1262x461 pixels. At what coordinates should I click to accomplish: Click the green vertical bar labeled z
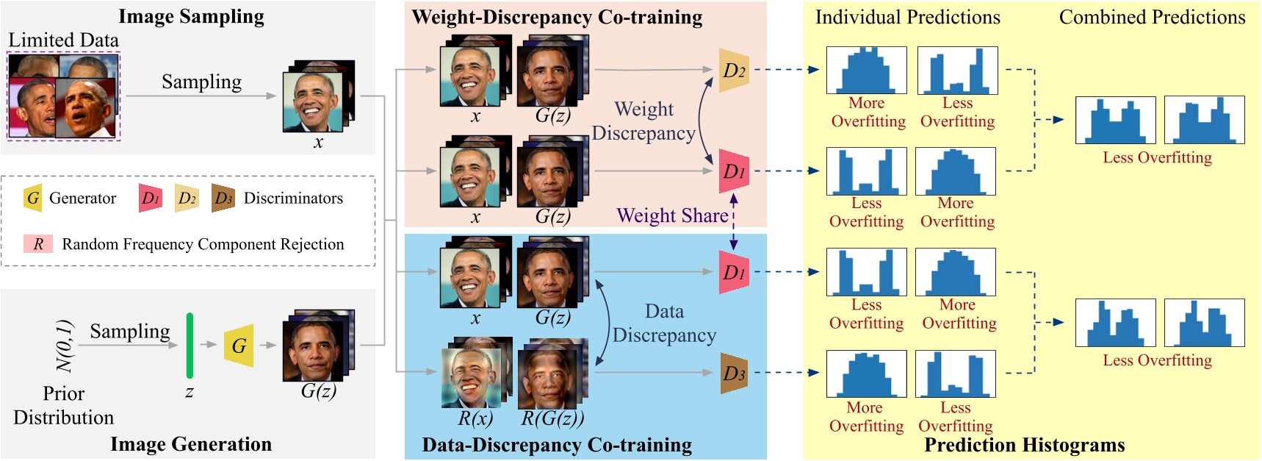click(190, 346)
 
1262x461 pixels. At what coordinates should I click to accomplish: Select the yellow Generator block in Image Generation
click(239, 346)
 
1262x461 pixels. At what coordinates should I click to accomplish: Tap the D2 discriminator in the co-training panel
click(734, 71)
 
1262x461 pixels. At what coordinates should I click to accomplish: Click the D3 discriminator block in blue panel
click(734, 374)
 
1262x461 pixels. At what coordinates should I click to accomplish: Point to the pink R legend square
click(37, 244)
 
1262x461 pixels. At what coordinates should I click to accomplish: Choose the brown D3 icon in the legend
click(223, 199)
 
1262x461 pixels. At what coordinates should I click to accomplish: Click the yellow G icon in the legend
click(33, 199)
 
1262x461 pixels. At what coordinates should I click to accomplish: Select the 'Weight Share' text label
click(672, 215)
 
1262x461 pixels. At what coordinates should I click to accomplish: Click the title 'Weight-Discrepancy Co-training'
click(557, 17)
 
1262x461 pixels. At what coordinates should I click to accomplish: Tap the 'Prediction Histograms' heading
click(1024, 445)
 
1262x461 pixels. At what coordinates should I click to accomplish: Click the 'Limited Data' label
click(63, 40)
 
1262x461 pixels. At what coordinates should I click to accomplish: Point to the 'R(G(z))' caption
click(552, 418)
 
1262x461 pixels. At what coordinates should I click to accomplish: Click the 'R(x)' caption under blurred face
click(475, 418)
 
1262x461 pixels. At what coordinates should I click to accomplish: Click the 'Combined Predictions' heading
click(1152, 17)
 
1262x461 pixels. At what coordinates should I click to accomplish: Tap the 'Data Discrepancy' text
click(664, 324)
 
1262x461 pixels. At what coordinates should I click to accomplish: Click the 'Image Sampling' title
click(191, 17)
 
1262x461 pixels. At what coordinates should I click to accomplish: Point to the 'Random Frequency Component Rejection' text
click(203, 244)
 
